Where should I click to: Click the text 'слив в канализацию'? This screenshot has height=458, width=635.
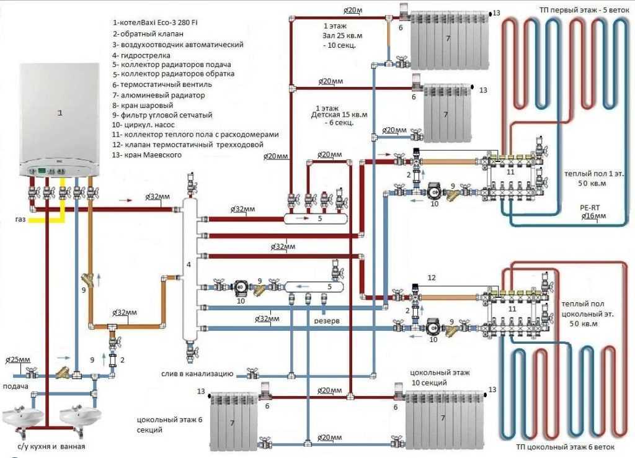195,374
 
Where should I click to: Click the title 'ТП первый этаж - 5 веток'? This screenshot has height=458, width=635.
569,9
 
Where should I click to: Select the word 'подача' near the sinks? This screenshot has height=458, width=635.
16,387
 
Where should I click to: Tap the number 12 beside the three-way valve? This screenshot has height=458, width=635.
432,277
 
